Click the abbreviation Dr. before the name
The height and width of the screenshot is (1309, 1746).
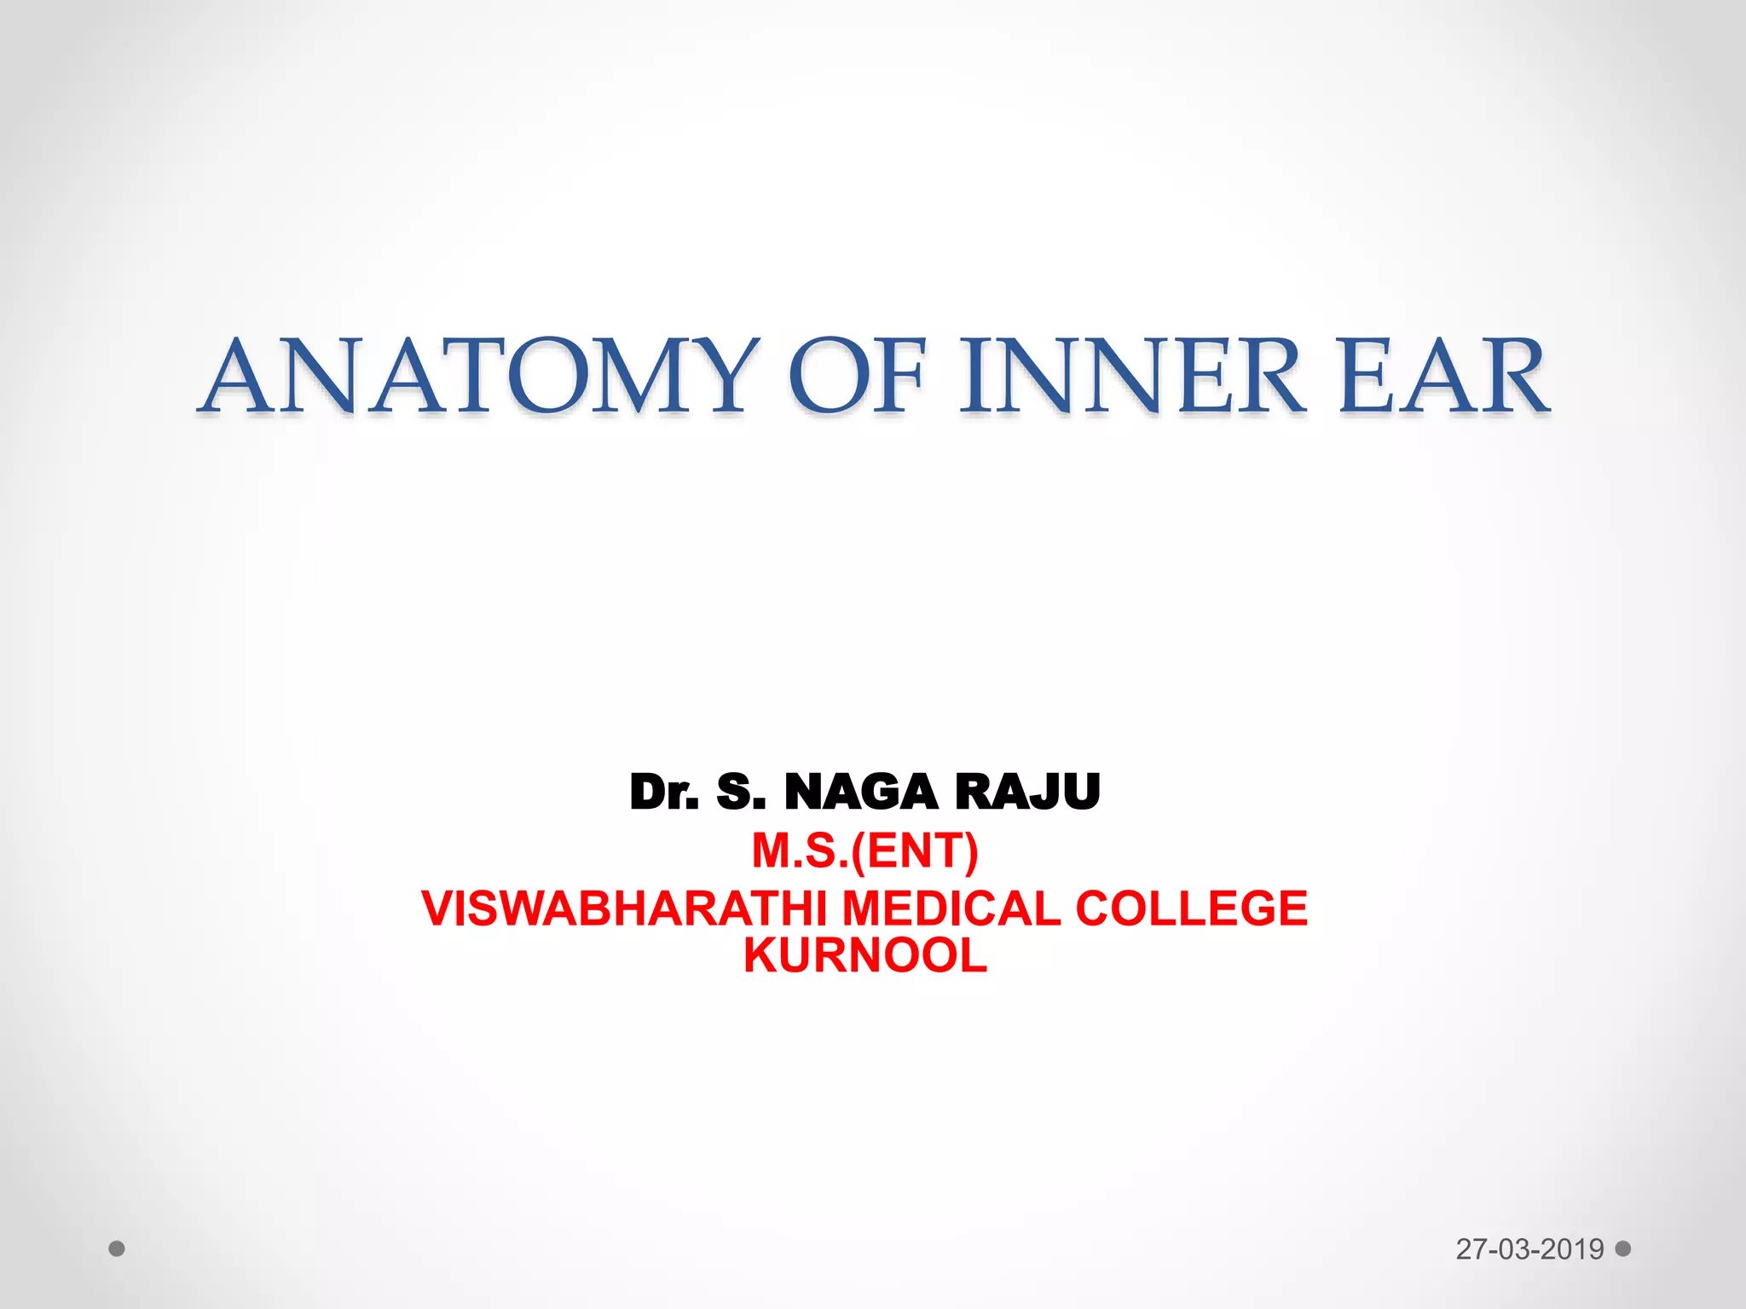coord(664,792)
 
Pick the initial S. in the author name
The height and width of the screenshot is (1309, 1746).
coord(741,792)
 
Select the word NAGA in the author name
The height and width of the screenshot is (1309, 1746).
coord(860,792)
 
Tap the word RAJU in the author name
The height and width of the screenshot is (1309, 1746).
coord(1027,792)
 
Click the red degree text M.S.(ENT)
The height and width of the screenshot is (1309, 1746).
coord(864,851)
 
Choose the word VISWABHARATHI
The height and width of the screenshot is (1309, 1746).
coord(623,908)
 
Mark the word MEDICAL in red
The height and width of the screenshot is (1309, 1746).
coord(951,908)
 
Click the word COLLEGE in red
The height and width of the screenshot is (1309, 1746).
coord(1191,908)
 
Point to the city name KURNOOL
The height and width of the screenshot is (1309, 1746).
coord(864,955)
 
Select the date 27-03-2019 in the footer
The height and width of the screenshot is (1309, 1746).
coord(1529,1249)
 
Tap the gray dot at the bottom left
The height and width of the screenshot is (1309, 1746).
coord(117,1249)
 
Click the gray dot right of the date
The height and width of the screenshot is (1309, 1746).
coord(1623,1248)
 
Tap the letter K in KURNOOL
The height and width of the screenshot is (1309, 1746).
coord(759,955)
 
